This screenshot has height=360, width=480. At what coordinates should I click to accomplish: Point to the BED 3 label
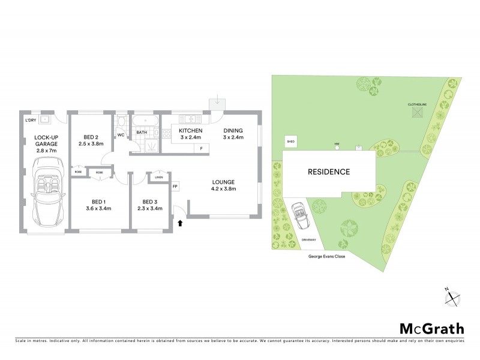tap(151, 201)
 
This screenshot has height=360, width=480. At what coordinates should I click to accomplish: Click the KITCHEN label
tap(190, 131)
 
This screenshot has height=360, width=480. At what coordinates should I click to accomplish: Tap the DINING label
tap(233, 131)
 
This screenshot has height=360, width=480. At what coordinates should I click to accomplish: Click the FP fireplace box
tap(175, 187)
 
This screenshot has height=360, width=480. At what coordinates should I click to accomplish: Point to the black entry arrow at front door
tap(179, 223)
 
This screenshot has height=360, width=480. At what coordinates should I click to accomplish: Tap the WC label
tap(121, 135)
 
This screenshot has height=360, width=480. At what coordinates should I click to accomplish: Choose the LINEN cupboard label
tap(158, 177)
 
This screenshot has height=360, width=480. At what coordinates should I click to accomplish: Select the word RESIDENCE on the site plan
tap(329, 172)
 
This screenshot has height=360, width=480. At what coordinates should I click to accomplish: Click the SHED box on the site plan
tap(292, 142)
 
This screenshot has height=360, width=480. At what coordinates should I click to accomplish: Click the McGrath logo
tap(431, 328)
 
